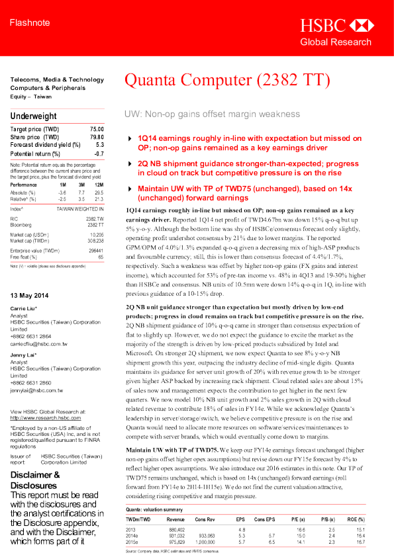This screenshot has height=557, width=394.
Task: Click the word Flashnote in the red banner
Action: [x=30, y=24]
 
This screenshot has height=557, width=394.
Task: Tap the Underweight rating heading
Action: [x=33, y=116]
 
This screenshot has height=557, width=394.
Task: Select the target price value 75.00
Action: [x=97, y=128]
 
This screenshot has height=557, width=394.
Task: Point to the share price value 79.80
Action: [x=97, y=137]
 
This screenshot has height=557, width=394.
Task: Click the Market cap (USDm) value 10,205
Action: [x=96, y=234]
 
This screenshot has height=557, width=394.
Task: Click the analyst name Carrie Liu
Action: [x=24, y=290]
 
